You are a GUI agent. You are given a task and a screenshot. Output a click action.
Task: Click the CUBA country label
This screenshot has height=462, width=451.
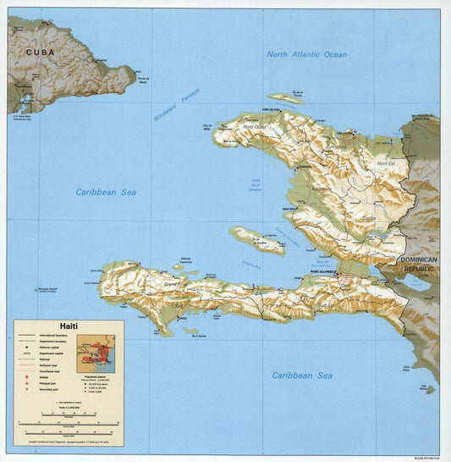click(x=40, y=52)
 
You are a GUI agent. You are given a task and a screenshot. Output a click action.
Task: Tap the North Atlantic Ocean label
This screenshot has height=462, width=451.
click(x=306, y=54)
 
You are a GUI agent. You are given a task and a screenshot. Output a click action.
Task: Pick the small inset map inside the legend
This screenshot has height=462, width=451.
click(x=99, y=353)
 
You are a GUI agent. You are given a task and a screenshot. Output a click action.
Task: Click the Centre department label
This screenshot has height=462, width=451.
click(x=368, y=217)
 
